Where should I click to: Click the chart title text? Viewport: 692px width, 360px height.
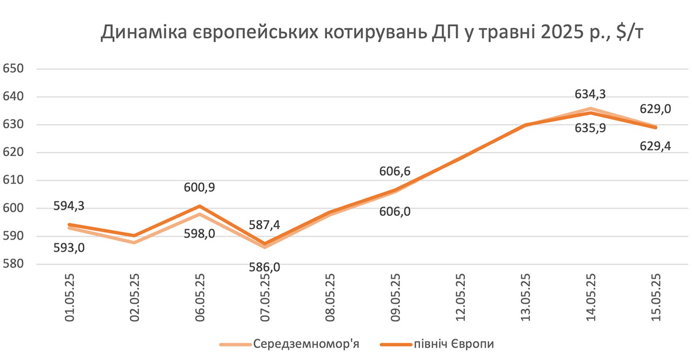[x=372, y=34]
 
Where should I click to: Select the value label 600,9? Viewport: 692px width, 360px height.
[x=199, y=188]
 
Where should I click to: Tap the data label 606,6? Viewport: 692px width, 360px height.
[x=394, y=171]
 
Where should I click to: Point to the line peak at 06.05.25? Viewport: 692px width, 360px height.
[x=200, y=206]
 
